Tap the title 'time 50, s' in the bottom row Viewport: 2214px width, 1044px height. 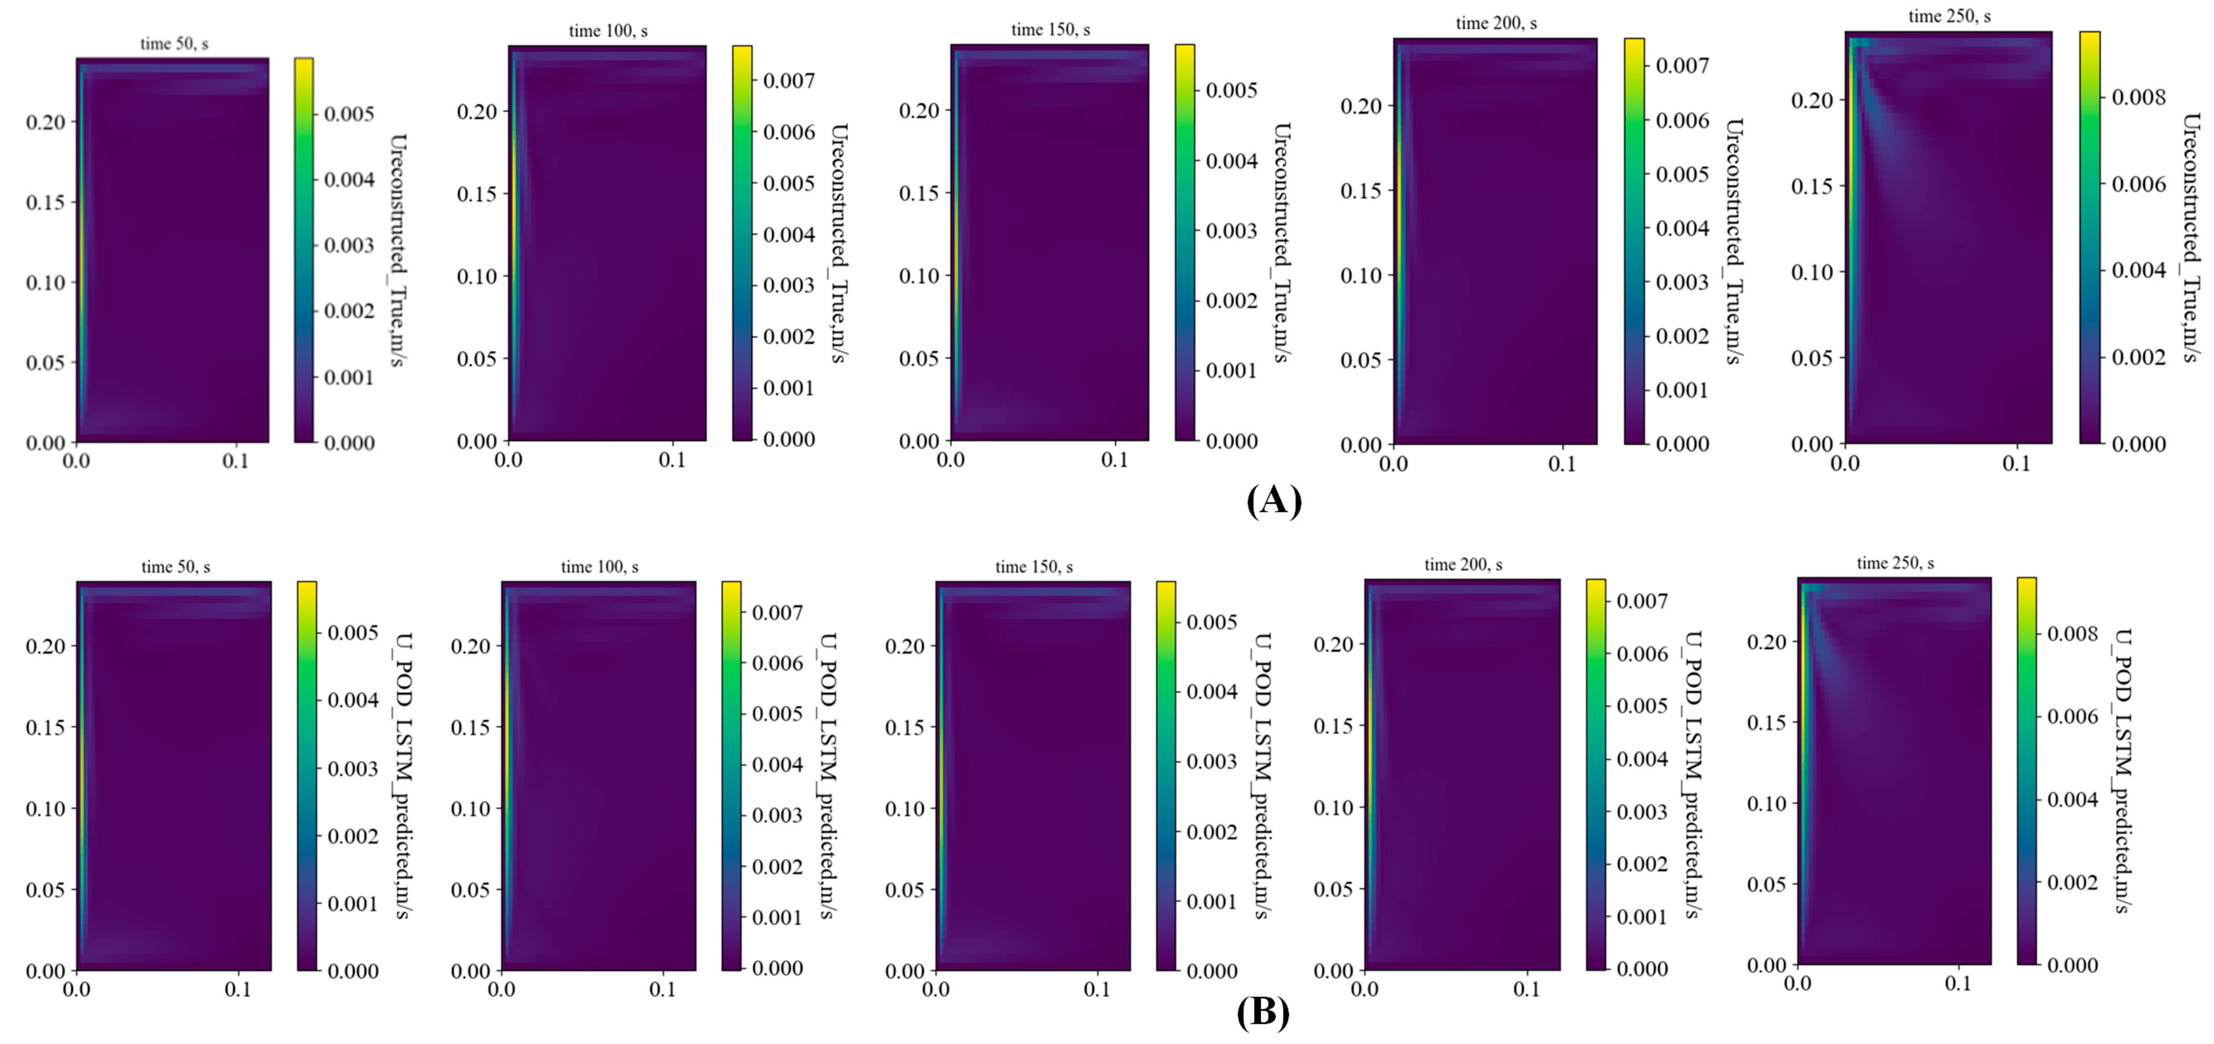click(175, 567)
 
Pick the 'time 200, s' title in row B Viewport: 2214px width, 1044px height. click(1463, 564)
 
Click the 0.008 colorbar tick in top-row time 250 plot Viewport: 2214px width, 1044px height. click(2138, 97)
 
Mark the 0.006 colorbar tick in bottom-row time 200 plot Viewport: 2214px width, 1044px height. click(1642, 654)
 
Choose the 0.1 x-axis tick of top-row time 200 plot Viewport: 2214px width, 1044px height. click(1562, 464)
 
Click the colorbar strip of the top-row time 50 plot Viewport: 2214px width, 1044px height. click(303, 249)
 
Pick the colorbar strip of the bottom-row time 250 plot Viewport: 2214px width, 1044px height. click(2026, 771)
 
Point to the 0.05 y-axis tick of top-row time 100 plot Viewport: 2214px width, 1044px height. click(476, 358)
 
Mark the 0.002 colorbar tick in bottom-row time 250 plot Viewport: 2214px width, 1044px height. click(2072, 883)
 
